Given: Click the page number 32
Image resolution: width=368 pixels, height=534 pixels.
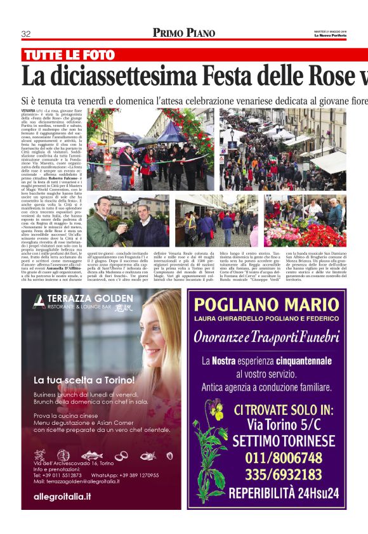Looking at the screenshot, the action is (x=26, y=34).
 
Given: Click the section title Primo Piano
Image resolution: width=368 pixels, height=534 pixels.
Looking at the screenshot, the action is (x=183, y=33).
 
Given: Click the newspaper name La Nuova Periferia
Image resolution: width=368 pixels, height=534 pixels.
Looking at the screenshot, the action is (x=330, y=36).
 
